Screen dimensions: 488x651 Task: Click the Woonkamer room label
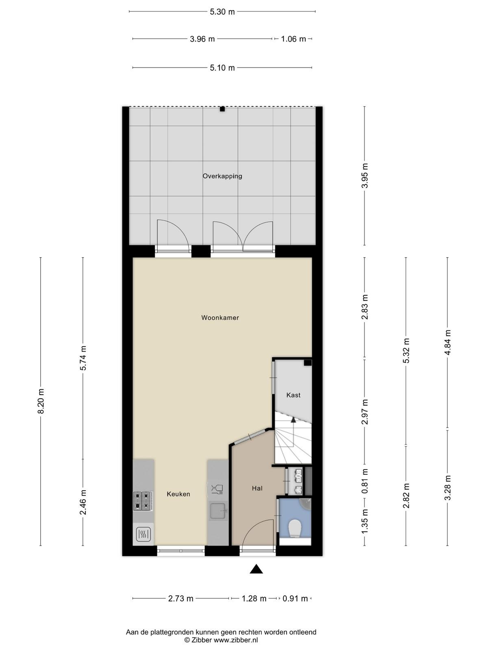220,318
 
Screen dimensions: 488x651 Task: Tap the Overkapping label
222,176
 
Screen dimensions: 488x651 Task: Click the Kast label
293,395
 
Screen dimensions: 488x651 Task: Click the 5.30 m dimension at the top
222,12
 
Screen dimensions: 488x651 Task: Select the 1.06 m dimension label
293,39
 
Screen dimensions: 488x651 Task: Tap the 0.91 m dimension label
295,599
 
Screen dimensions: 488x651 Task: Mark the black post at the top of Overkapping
222,109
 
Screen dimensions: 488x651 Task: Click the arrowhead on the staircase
293,419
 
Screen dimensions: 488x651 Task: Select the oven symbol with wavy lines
144,535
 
